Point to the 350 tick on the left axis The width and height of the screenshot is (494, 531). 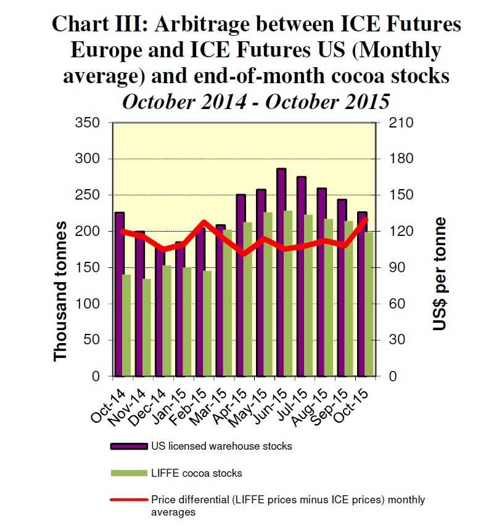click(88, 123)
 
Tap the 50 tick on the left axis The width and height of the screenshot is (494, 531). click(91, 340)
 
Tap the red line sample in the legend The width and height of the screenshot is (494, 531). click(127, 500)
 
